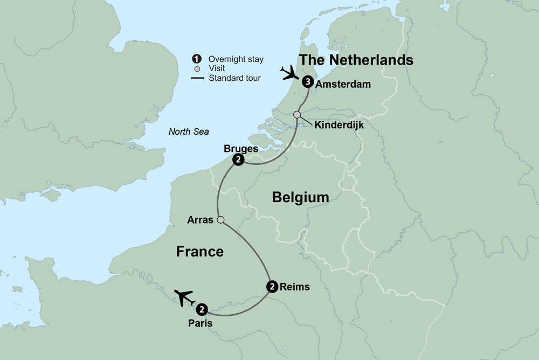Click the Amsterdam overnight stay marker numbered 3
click(x=307, y=82)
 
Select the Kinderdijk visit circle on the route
click(x=297, y=114)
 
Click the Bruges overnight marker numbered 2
click(x=238, y=160)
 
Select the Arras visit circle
click(x=220, y=219)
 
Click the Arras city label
click(x=200, y=220)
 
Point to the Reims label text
click(x=295, y=287)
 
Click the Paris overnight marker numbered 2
click(x=201, y=309)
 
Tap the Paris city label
click(x=200, y=323)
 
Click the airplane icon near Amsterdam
click(x=289, y=72)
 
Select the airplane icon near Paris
click(x=184, y=297)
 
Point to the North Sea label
click(x=188, y=131)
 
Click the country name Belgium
click(x=300, y=197)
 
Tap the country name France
click(x=199, y=251)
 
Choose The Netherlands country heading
click(x=356, y=60)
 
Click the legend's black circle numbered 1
click(x=197, y=59)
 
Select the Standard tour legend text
click(x=234, y=78)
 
